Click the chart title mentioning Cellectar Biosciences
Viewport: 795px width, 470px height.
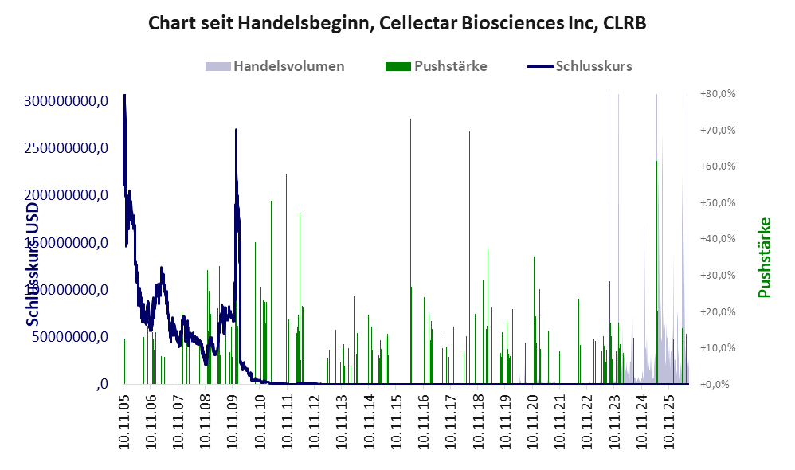coord(397,23)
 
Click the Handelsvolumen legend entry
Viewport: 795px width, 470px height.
coord(275,66)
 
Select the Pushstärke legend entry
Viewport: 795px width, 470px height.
coord(436,66)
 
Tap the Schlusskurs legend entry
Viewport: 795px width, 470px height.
coord(579,66)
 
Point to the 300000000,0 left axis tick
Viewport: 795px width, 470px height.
coord(66,101)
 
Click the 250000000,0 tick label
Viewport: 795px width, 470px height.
coord(66,148)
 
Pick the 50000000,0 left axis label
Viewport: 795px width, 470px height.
coord(70,337)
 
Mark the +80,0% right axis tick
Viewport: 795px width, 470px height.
coord(718,94)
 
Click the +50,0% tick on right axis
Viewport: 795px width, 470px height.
coord(718,203)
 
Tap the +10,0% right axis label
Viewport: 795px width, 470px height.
coord(718,348)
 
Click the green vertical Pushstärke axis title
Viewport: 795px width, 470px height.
coord(764,257)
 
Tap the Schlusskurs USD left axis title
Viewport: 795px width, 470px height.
coord(32,264)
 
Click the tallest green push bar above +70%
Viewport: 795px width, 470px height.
coord(411,251)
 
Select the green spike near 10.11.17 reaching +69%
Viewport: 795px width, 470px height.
coord(469,257)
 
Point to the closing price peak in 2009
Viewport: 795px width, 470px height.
coord(236,130)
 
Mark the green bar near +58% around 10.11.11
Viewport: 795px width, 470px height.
coord(287,278)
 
